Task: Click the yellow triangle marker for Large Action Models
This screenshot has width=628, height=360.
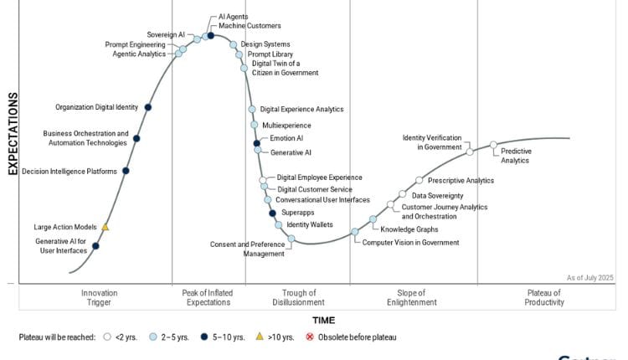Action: [106, 227]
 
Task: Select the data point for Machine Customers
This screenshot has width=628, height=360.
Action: [210, 36]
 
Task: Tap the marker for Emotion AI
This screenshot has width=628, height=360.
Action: [258, 144]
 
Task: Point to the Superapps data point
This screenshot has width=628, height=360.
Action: [273, 213]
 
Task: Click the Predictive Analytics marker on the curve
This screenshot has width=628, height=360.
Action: [493, 145]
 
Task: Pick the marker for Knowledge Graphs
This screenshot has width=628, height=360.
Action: [373, 219]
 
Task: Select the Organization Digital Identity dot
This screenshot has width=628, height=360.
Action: [148, 107]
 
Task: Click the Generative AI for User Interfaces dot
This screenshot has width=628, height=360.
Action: [95, 245]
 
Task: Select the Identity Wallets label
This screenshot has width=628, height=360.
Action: [310, 224]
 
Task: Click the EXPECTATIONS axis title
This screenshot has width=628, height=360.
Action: [13, 134]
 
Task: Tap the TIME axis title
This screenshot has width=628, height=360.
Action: [323, 320]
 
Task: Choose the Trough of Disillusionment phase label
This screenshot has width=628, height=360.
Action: [298, 297]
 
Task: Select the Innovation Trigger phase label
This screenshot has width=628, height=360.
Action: [99, 297]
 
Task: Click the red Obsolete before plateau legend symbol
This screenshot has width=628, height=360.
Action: [310, 337]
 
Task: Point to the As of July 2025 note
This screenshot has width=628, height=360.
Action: [589, 277]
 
